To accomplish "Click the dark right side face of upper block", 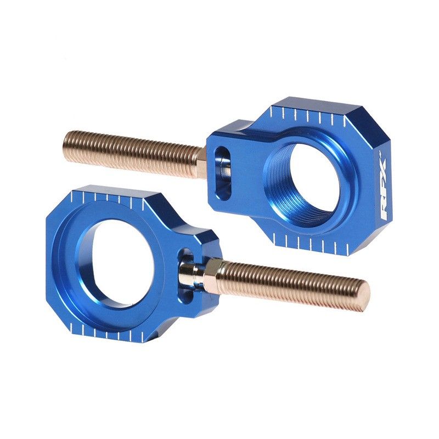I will click(379, 209).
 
